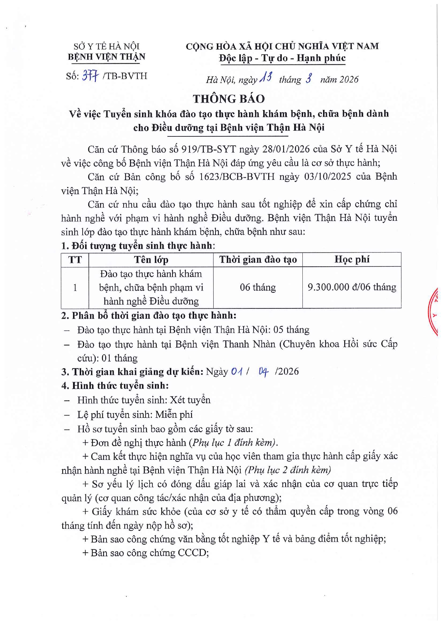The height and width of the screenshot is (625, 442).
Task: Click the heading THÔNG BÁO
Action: [229, 99]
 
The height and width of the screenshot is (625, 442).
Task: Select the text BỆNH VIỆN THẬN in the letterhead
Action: [106, 57]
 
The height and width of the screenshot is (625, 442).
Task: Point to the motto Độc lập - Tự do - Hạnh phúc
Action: [282, 58]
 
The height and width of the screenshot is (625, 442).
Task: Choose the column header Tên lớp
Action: [151, 260]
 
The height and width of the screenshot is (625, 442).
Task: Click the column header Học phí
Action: [352, 259]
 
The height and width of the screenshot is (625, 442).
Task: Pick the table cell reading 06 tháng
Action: [258, 287]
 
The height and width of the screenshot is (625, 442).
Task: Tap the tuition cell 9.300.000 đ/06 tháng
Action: [352, 287]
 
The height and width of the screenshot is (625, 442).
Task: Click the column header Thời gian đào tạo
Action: [258, 260]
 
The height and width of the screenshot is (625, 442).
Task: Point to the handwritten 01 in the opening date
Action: [237, 371]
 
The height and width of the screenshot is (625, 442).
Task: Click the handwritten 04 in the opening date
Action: [264, 372]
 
